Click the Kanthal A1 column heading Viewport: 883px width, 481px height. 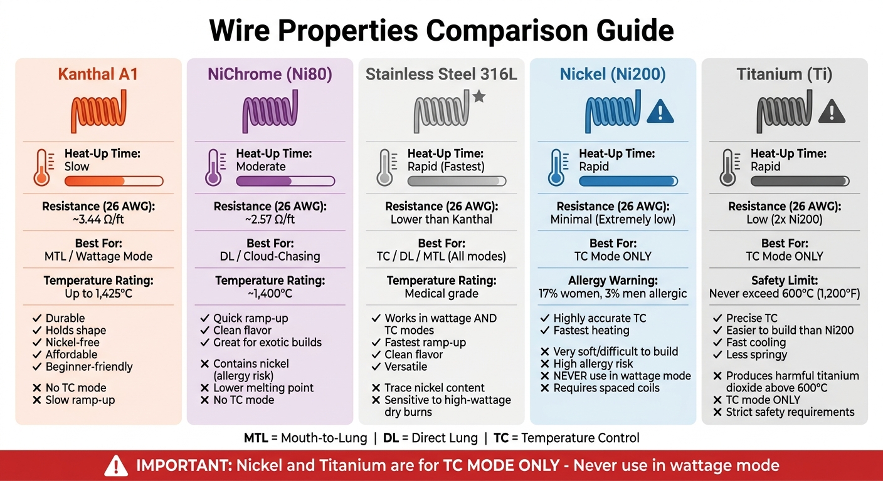(x=98, y=75)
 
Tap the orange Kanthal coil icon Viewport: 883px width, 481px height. (x=98, y=111)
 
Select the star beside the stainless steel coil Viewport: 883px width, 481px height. (x=479, y=96)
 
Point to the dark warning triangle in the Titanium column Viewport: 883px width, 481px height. (x=832, y=112)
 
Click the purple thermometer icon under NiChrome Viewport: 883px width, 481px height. (x=213, y=168)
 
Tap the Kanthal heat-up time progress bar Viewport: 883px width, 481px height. (x=114, y=181)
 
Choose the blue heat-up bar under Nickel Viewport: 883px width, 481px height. (x=628, y=181)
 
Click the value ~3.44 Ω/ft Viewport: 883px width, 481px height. (x=98, y=219)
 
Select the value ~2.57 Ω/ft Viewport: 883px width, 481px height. (x=270, y=219)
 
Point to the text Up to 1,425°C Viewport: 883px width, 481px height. (x=98, y=293)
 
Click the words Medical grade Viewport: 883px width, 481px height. (x=441, y=293)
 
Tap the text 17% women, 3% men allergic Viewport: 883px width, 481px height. (x=613, y=293)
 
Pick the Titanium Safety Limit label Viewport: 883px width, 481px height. (x=784, y=281)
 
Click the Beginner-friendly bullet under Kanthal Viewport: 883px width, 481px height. (x=89, y=366)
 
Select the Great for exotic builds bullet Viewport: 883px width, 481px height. (x=267, y=342)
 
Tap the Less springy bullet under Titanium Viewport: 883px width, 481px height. (x=759, y=354)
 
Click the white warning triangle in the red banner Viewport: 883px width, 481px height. (x=115, y=465)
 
